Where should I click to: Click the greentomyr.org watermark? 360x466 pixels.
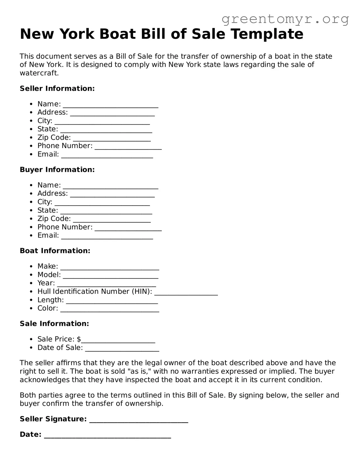tap(285, 19)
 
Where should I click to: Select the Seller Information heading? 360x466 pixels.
tap(57, 88)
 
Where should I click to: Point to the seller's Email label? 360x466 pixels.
tap(48, 154)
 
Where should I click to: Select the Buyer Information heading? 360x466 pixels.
tap(57, 170)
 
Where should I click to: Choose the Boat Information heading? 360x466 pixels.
tap(55, 251)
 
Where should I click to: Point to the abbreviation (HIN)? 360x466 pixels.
tap(142, 292)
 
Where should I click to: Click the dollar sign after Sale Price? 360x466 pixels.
tap(79, 339)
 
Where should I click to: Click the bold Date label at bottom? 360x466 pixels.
tap(31, 435)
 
